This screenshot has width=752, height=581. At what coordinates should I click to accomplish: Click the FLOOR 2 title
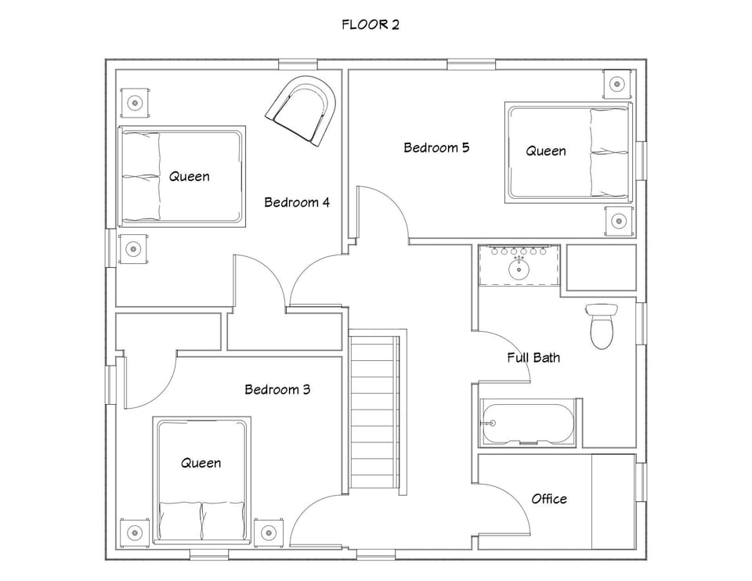(x=371, y=24)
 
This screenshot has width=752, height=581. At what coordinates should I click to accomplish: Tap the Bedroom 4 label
(x=297, y=202)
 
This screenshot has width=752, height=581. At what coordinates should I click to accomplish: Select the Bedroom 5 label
(x=436, y=147)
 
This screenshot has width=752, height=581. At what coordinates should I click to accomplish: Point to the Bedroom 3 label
(x=277, y=389)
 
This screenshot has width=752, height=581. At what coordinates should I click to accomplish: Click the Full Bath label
(x=533, y=358)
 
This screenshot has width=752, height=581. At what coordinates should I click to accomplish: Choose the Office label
(x=549, y=499)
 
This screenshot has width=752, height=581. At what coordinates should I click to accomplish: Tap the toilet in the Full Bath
(x=602, y=325)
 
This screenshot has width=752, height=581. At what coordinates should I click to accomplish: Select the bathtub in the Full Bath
(x=529, y=423)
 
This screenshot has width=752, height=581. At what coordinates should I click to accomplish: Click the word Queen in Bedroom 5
(x=546, y=150)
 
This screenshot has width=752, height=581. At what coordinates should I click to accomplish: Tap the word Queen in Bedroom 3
(x=201, y=463)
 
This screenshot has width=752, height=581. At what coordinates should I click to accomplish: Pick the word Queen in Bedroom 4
(x=190, y=176)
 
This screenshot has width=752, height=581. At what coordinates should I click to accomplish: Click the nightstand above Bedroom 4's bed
(x=136, y=102)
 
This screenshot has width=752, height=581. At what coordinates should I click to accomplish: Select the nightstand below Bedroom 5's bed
(x=618, y=221)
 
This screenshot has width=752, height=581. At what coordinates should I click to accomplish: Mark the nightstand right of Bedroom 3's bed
(x=268, y=532)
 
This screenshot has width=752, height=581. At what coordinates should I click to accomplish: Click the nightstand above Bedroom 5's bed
(x=617, y=82)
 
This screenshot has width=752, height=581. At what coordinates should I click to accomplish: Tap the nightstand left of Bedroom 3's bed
(x=135, y=532)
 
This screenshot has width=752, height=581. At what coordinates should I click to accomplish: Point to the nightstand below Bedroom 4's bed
(x=133, y=249)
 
